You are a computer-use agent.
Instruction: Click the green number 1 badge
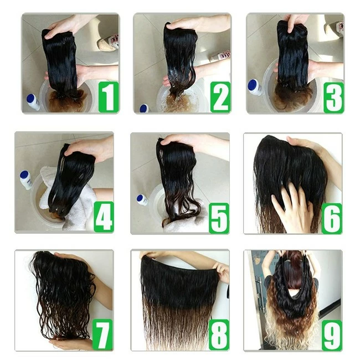point(109,97)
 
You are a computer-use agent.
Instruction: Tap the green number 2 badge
point(220,97)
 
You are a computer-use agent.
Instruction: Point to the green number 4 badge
point(104,217)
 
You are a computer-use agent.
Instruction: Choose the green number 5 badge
point(219,218)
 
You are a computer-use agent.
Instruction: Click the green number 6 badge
point(332,218)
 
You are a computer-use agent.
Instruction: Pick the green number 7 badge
point(102,335)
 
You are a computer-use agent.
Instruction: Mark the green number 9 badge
point(332,336)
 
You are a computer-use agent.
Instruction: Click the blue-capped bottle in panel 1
point(33,102)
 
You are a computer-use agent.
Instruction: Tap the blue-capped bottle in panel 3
point(255,88)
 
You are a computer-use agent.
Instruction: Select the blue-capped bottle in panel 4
point(25,180)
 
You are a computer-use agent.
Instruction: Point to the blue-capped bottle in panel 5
point(142,200)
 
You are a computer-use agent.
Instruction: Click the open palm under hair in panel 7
point(71,343)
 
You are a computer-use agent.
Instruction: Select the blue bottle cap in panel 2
point(144,109)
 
